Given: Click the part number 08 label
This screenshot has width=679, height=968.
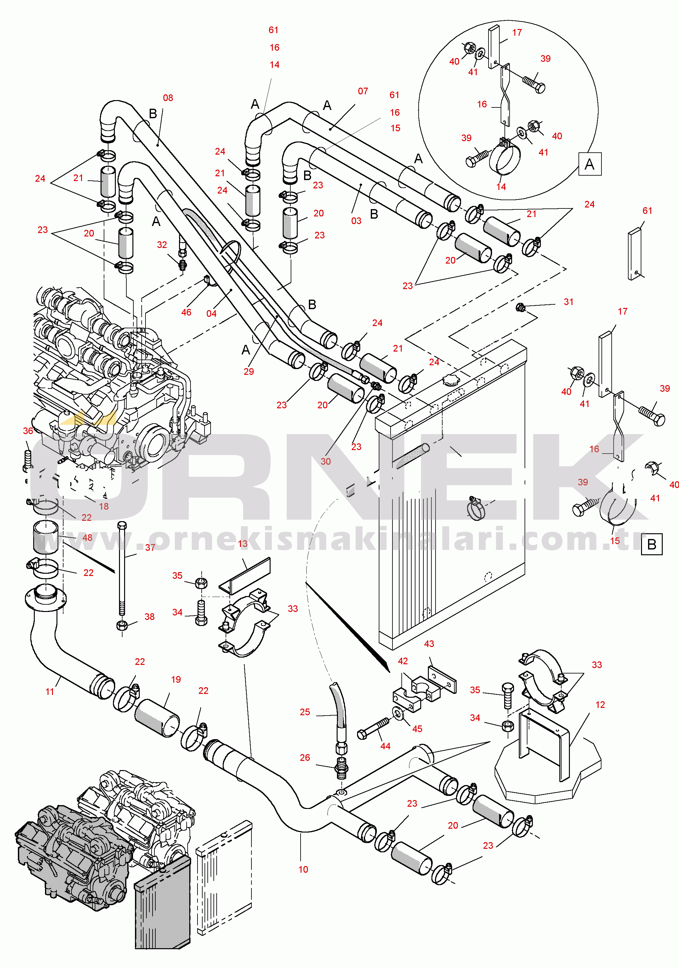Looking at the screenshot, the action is coord(168,98).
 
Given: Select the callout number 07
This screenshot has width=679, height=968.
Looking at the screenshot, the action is coord(363,91).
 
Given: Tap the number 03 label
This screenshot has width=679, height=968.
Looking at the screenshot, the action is coord(356,221).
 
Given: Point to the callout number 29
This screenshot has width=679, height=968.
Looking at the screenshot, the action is coord(249,371).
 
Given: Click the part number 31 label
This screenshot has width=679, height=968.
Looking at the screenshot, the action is coord(568,302).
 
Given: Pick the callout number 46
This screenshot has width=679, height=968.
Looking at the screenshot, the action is coord(186,312).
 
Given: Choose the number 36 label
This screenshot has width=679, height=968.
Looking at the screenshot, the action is coord(28,431).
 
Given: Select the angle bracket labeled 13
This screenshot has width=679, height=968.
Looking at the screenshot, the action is coord(244,576).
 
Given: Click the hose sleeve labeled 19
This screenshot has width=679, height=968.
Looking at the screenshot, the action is coord(157,717).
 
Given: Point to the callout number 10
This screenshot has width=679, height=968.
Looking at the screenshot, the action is coord(303,869).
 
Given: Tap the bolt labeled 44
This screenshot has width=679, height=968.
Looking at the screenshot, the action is coord(373,728).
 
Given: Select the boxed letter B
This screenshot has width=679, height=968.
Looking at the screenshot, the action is coord(652,544).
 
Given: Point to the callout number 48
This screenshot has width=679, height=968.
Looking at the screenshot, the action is coord(87,537).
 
